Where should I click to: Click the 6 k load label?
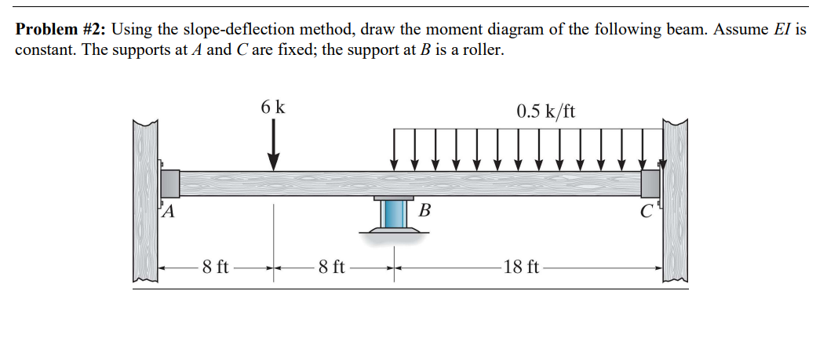[273, 107]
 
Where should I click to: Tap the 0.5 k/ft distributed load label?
[545, 111]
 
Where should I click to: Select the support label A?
[168, 210]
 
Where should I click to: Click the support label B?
[424, 209]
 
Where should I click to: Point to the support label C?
[645, 211]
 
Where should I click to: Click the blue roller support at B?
[393, 213]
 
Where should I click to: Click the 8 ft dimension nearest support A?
[215, 267]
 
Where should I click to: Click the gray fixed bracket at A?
[169, 183]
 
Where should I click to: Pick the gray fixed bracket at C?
[650, 184]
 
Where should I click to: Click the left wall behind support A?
[145, 200]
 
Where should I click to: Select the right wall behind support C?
[675, 200]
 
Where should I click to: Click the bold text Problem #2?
[62, 30]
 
